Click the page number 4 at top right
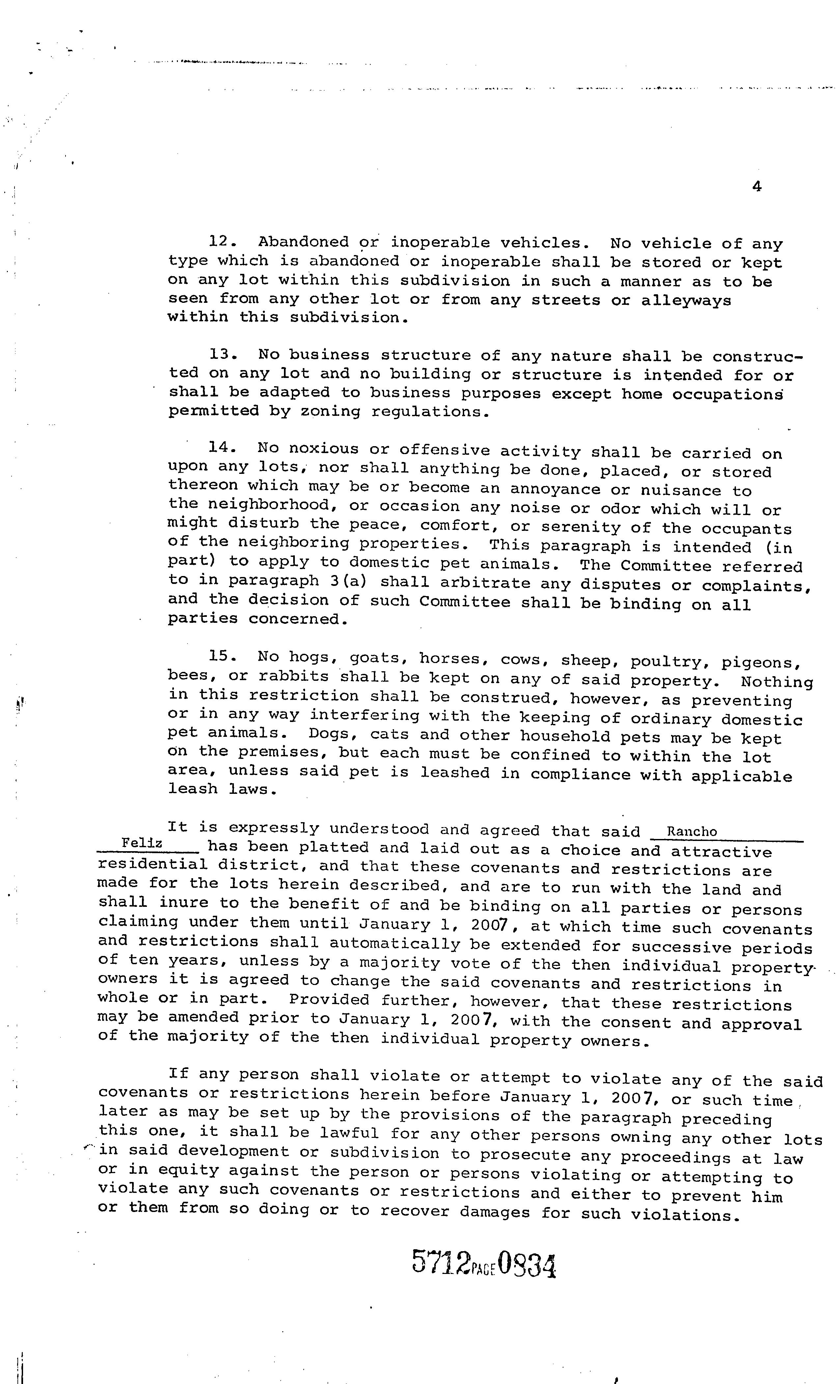(x=756, y=187)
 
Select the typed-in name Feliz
(x=142, y=843)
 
